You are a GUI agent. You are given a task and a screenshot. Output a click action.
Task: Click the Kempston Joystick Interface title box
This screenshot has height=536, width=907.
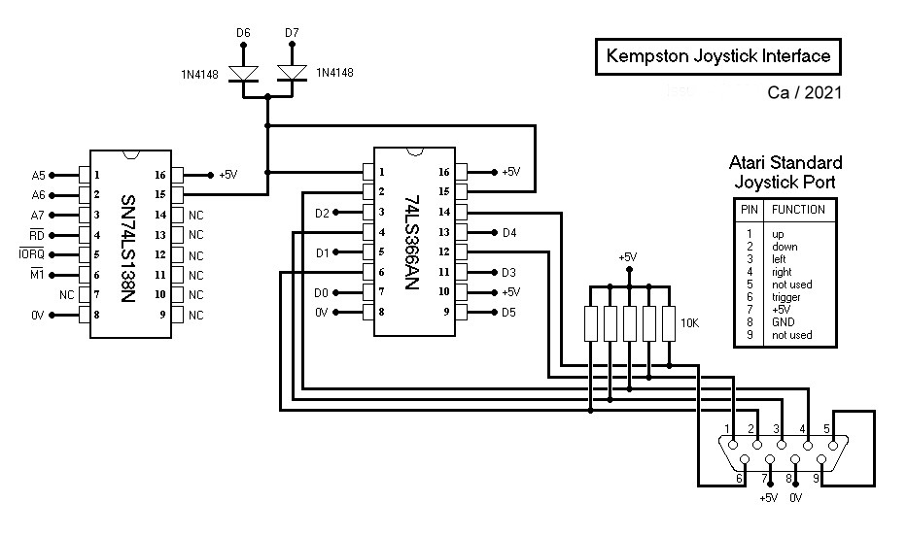click(x=717, y=56)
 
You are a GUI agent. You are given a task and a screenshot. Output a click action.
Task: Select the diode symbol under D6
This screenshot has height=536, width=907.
click(x=244, y=74)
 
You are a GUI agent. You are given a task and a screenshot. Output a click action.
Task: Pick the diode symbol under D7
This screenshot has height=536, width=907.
click(x=292, y=74)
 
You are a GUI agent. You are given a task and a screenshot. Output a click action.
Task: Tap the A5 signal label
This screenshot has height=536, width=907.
click(x=38, y=175)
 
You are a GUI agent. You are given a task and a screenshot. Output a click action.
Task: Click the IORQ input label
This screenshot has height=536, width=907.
click(x=32, y=253)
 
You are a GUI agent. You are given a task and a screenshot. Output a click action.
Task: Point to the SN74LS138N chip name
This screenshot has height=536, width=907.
click(x=128, y=249)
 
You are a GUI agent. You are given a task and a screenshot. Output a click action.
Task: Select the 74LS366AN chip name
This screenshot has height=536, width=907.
click(x=411, y=242)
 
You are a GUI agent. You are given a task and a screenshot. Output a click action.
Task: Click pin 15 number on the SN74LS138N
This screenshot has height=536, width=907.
click(x=160, y=194)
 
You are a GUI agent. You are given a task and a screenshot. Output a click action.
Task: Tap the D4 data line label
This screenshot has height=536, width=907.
click(x=509, y=233)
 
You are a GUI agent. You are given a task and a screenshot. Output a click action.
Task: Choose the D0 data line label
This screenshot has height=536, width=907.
click(x=321, y=293)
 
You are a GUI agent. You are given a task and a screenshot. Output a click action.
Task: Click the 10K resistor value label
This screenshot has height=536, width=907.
click(x=689, y=323)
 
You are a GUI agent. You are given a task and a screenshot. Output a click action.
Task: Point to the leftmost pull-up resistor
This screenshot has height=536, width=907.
click(x=591, y=323)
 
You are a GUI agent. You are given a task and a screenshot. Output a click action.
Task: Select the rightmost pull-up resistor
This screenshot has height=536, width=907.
click(x=669, y=323)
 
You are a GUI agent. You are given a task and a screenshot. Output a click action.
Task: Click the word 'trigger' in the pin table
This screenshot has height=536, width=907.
click(x=786, y=297)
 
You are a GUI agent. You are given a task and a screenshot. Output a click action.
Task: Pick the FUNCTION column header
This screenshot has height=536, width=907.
click(x=798, y=210)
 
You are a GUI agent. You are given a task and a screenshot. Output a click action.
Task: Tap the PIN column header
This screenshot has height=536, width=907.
click(x=750, y=210)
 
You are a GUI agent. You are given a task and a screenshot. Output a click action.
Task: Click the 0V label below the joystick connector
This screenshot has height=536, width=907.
click(x=796, y=498)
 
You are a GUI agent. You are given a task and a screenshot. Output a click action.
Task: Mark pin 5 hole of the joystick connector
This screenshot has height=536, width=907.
click(x=833, y=446)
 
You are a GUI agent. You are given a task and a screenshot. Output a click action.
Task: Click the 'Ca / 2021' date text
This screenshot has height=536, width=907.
click(x=805, y=92)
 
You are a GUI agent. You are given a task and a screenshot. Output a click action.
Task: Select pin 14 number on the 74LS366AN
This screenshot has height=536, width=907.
click(x=443, y=212)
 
